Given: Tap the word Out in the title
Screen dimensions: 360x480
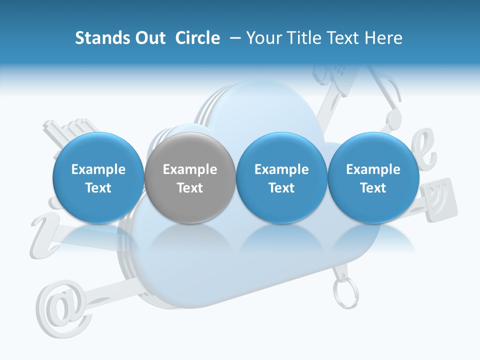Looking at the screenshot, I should [149, 38].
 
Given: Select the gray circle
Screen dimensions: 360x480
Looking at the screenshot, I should [190, 177].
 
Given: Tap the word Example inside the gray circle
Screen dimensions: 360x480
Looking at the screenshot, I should [190, 169].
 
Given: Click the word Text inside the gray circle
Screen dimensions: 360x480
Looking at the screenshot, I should [190, 188].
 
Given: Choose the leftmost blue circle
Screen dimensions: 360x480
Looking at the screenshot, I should [98, 177].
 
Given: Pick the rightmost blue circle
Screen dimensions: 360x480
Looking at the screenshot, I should [373, 177].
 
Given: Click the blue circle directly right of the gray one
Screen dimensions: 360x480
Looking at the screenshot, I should [281, 177].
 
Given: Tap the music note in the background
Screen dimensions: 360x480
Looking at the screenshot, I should [390, 100].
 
